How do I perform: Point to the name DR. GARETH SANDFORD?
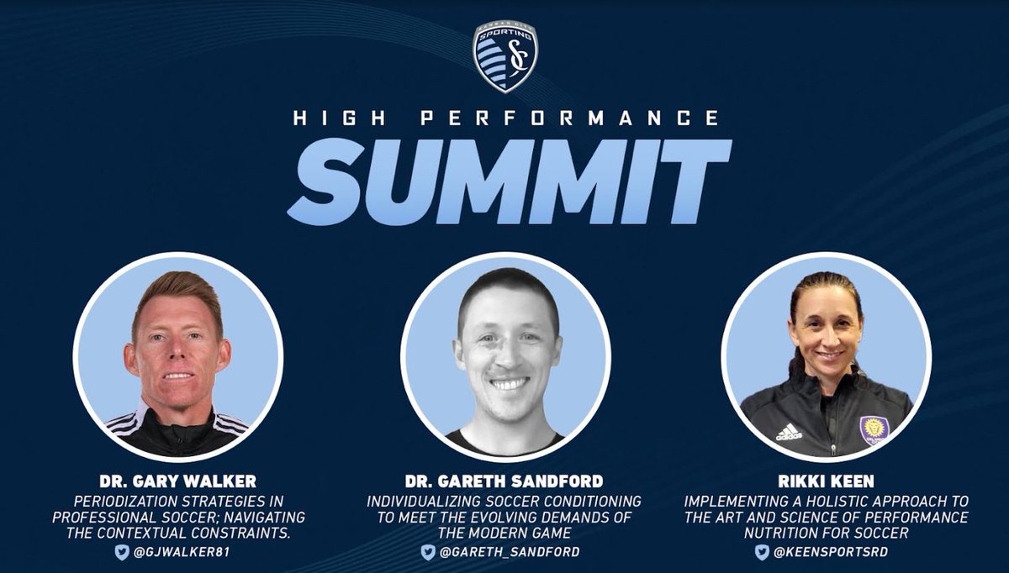(x=504, y=483)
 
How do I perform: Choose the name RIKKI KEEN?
(x=826, y=483)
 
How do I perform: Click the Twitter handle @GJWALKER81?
(x=185, y=552)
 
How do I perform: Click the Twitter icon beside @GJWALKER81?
(x=122, y=552)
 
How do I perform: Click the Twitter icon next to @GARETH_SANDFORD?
(x=429, y=552)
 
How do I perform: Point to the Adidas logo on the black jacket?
(x=788, y=432)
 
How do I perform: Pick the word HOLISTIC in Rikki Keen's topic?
(x=821, y=501)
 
